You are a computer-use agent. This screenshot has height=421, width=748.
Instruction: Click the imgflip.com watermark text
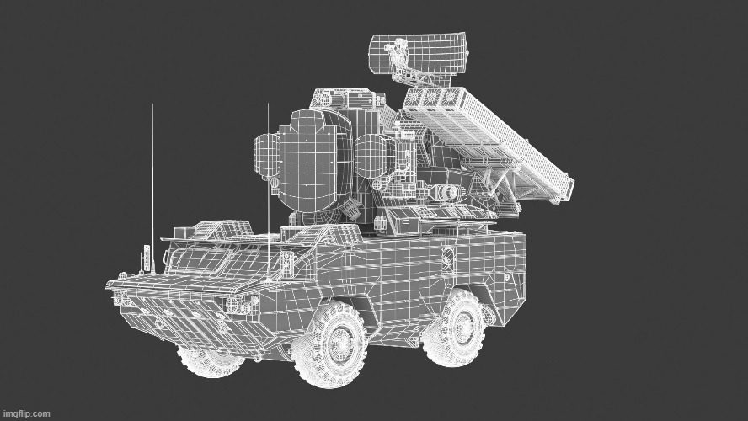point(25,413)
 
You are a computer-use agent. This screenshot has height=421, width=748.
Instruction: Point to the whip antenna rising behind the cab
point(268,191)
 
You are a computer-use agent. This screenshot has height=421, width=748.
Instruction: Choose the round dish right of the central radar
point(376,156)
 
